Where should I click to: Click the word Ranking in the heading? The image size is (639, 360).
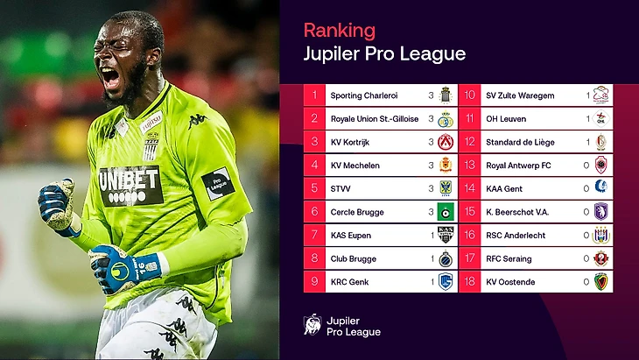pyautogui.click(x=339, y=30)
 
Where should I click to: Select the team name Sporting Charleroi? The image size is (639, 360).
pyautogui.click(x=363, y=95)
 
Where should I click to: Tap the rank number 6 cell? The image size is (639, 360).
pyautogui.click(x=313, y=212)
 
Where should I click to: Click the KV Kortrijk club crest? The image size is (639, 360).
pyautogui.click(x=445, y=142)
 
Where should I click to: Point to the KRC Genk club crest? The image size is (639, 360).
pyautogui.click(x=445, y=282)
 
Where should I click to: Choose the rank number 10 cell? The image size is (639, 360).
pyautogui.click(x=469, y=95)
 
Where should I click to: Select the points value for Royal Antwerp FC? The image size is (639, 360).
pyautogui.click(x=586, y=166)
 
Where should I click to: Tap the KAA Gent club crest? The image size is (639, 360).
pyautogui.click(x=600, y=188)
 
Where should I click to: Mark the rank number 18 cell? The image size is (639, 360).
pyautogui.click(x=469, y=282)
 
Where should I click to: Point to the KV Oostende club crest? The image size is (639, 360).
pyautogui.click(x=600, y=282)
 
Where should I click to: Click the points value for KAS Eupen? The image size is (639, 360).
pyautogui.click(x=431, y=236)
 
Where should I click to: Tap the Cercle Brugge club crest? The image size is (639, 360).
pyautogui.click(x=445, y=212)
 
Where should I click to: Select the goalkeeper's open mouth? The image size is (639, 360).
pyautogui.click(x=111, y=77)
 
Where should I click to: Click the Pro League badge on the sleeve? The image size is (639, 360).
pyautogui.click(x=216, y=184)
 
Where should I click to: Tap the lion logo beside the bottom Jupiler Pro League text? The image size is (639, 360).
pyautogui.click(x=312, y=325)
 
